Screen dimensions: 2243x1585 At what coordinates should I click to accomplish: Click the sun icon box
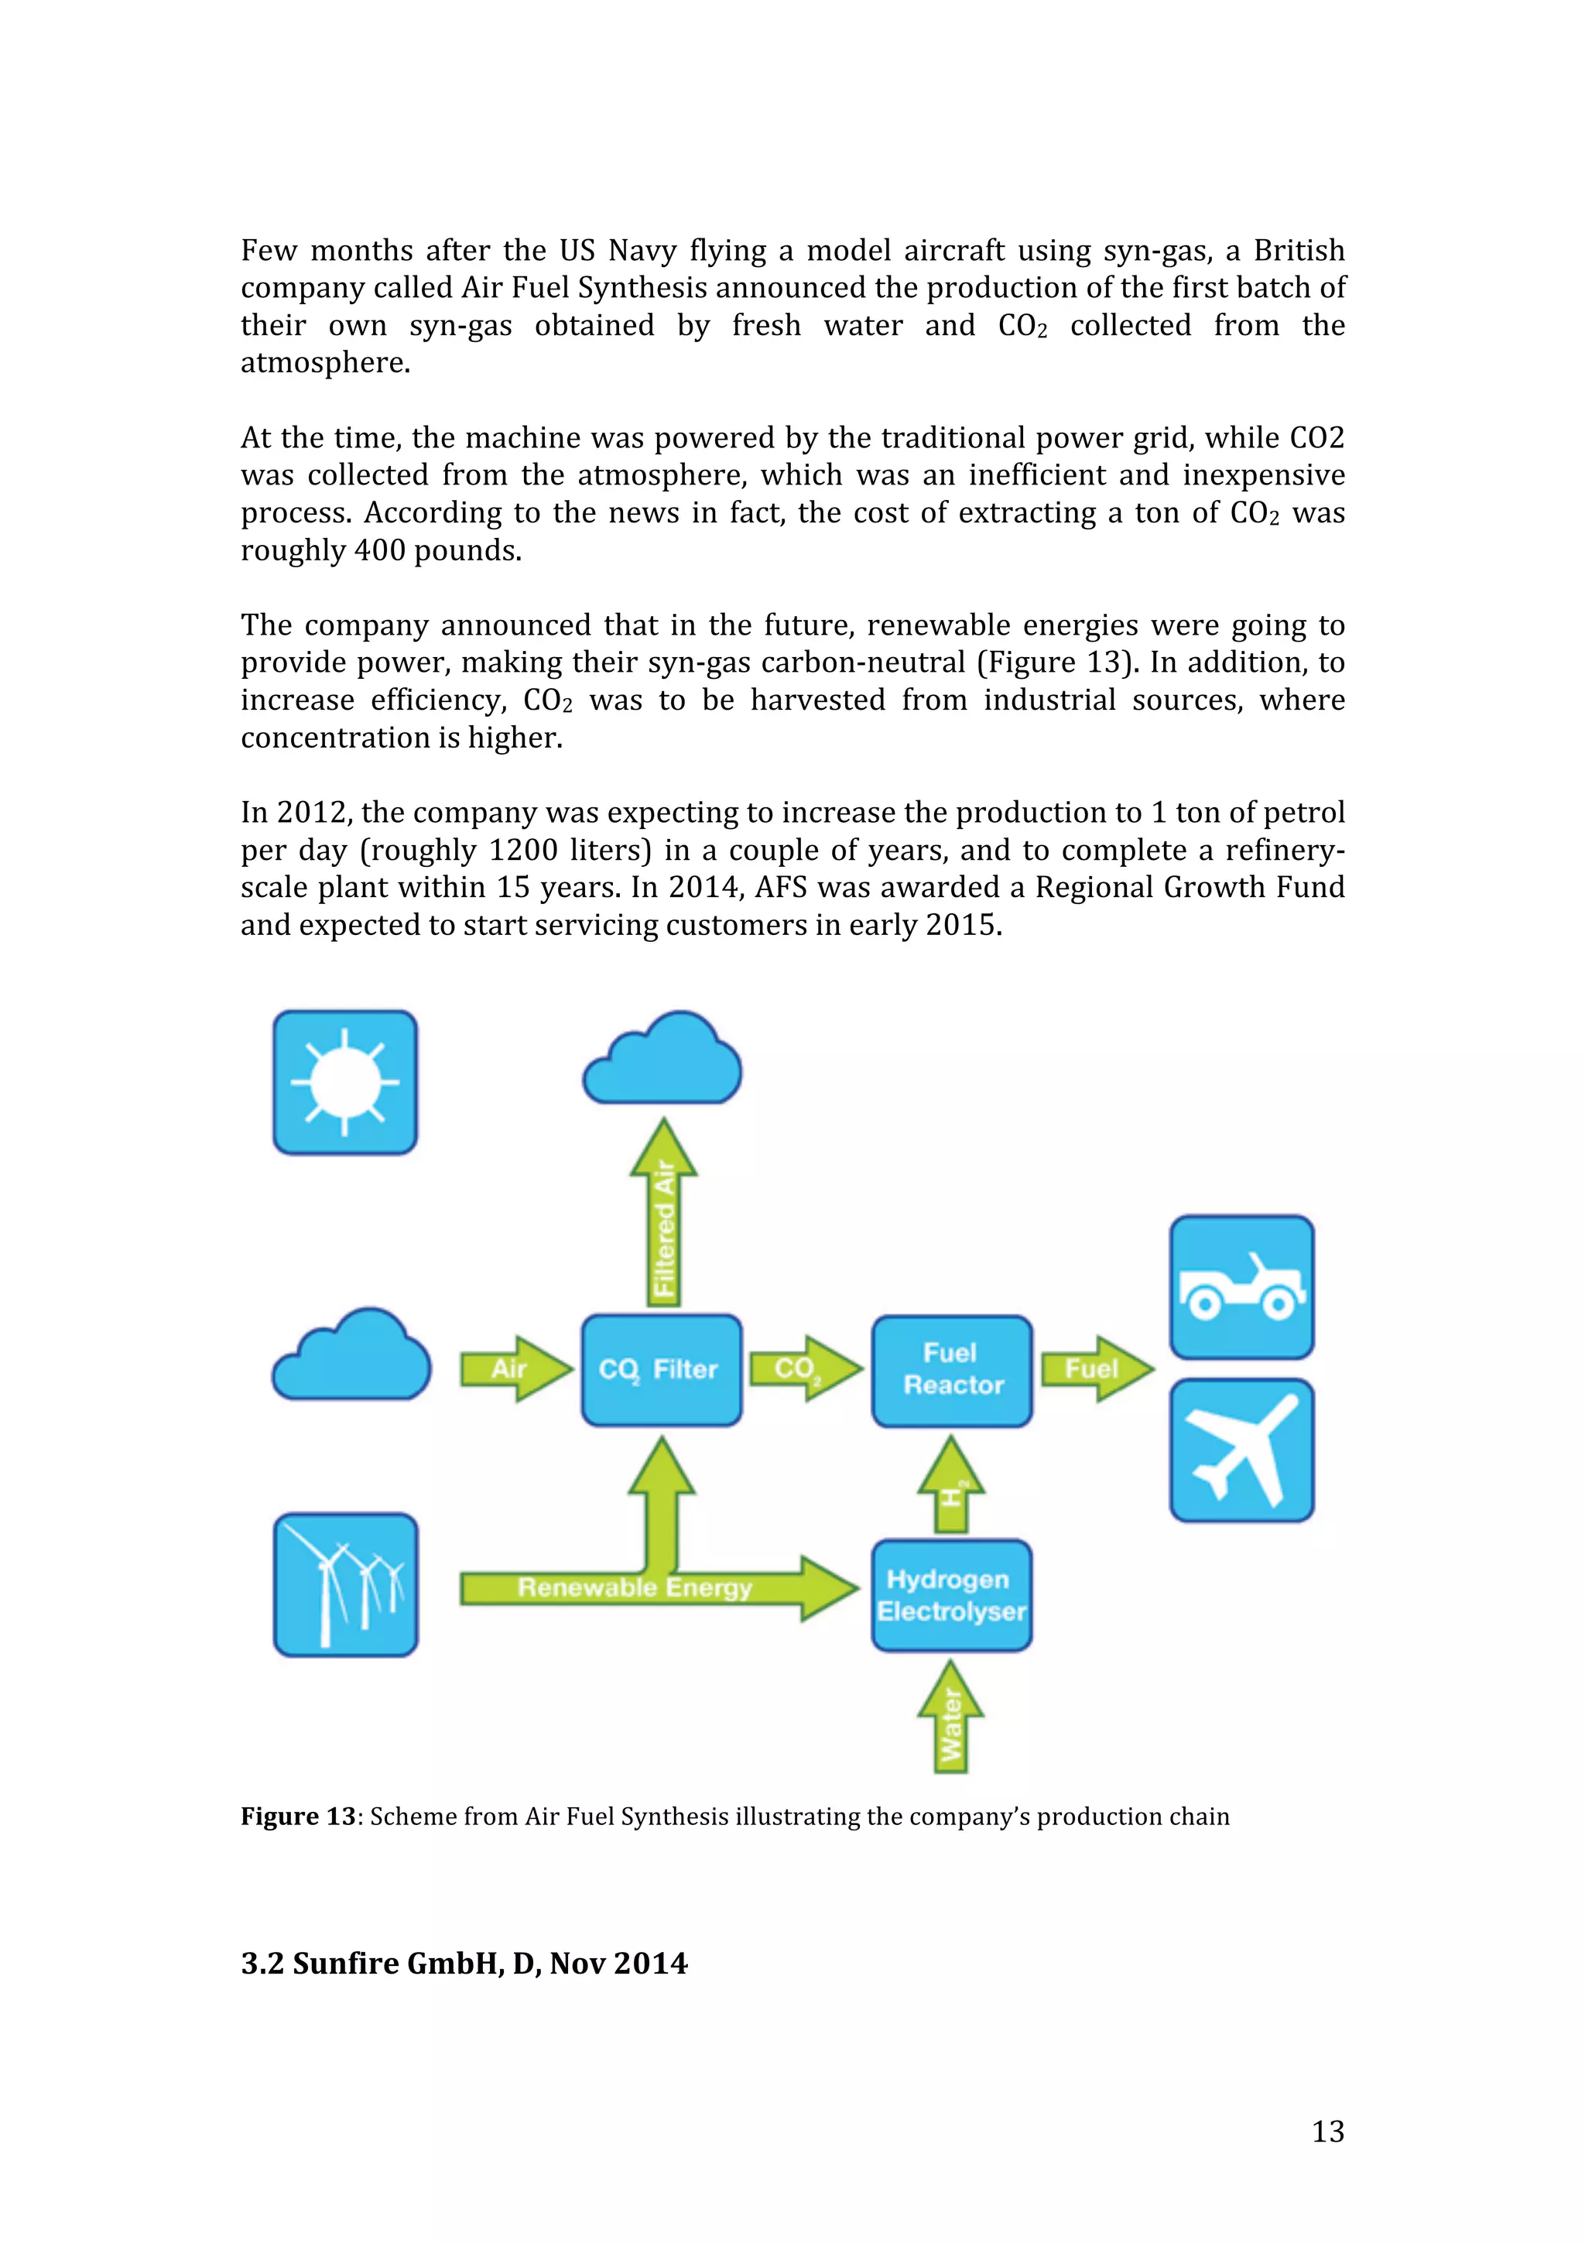344,1083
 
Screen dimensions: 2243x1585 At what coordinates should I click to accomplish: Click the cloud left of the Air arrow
351,1358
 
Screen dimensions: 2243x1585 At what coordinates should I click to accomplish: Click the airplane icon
1241,1450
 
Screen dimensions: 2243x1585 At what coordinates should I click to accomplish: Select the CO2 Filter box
661,1370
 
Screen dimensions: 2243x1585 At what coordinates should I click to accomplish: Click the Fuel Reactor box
951,1370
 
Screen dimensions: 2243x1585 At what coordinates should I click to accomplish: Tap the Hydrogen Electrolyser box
951,1595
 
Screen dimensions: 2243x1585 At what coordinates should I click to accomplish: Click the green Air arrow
514,1368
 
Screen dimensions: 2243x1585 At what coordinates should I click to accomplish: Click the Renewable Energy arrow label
635,1587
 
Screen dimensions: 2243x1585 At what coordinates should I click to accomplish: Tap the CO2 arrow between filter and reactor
803,1368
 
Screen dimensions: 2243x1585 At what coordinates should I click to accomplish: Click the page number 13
1327,2131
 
